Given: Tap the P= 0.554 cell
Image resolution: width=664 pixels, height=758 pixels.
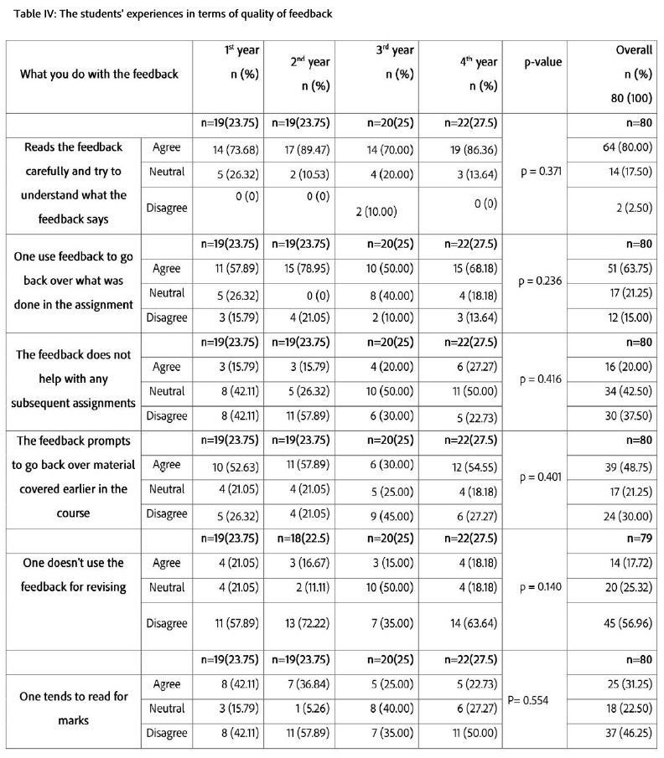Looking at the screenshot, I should point(527,699).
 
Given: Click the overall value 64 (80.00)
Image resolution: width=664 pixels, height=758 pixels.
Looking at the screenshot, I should point(622,147).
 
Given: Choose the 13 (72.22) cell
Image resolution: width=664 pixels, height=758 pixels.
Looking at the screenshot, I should point(302,623).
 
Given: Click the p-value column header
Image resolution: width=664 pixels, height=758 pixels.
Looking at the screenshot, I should point(542,62).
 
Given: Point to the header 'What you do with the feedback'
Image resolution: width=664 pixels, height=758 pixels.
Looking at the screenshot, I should point(100,74).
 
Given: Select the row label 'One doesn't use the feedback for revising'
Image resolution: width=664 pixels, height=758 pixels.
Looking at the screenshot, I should point(74,575).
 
